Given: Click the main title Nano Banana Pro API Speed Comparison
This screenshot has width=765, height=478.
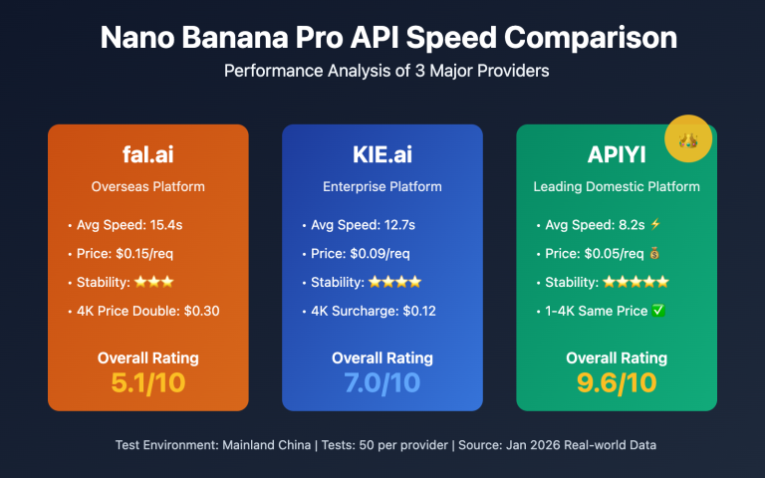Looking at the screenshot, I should (x=382, y=38).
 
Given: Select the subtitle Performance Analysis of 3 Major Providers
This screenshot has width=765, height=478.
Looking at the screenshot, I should (x=382, y=71).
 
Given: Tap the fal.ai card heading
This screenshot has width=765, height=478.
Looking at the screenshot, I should (x=148, y=156).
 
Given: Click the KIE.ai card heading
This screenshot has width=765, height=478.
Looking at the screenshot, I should (x=382, y=156).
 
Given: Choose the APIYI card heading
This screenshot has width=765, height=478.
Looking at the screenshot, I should (x=617, y=156).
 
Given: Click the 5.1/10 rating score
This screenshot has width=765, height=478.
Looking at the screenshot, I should (x=148, y=381).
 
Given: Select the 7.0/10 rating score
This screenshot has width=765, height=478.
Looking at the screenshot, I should (x=382, y=381).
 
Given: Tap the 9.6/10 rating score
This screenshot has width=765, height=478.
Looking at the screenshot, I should (x=617, y=381).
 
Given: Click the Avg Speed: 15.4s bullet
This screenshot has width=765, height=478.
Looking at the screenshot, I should (x=128, y=225).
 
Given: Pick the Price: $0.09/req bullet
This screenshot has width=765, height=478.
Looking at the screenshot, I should (x=360, y=253).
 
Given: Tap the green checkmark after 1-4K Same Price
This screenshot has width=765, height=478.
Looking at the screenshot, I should (x=656, y=311).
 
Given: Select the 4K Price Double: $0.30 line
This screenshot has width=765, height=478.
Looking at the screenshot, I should (x=147, y=311).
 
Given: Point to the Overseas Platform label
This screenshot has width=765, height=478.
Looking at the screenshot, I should (x=148, y=186).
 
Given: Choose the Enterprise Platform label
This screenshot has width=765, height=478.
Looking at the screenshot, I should (x=382, y=186).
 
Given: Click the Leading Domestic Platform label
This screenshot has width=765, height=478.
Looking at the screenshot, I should (x=617, y=186).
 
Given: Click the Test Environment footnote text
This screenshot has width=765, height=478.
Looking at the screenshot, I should (x=382, y=444).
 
